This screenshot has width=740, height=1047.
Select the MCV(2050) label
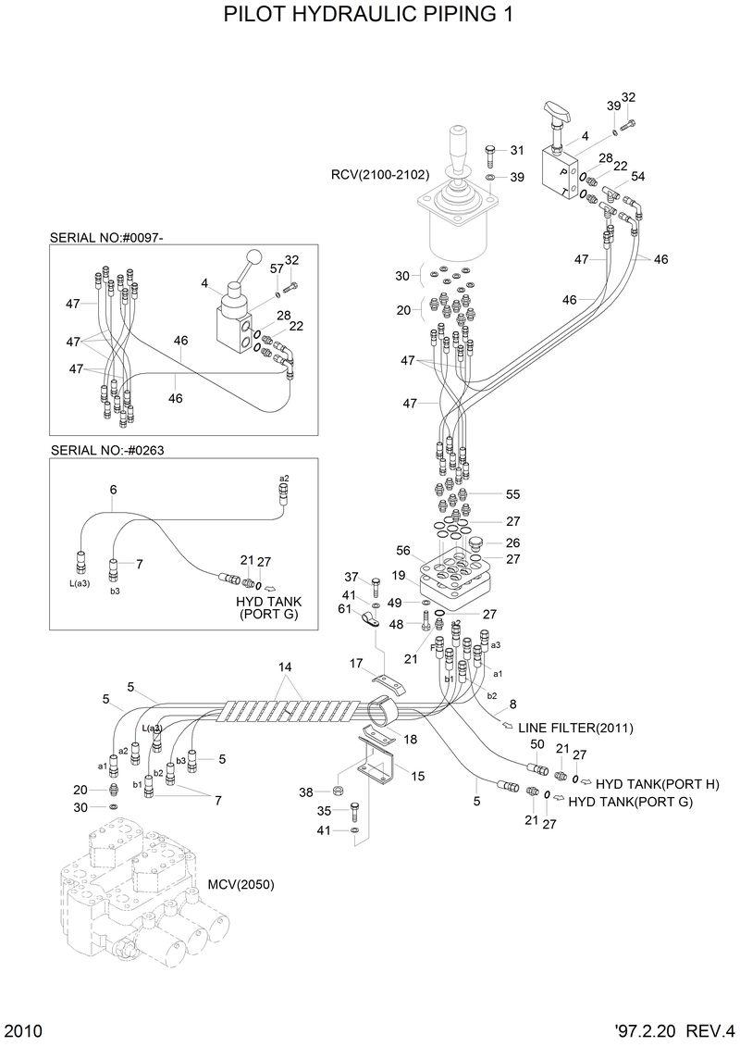point(240,884)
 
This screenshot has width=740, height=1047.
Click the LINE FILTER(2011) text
point(575,728)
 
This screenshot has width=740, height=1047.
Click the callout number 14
point(285,667)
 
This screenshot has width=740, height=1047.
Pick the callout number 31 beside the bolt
point(517,151)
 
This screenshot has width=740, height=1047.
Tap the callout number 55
point(513,494)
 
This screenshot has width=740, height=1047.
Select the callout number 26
point(513,542)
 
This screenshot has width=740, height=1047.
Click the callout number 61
point(344,608)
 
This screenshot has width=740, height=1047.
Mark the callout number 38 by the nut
point(306,791)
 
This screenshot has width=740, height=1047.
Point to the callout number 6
point(113,489)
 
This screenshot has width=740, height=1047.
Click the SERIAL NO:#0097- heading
point(106,238)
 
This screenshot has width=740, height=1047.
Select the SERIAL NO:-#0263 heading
point(107,451)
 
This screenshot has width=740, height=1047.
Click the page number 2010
point(22,1030)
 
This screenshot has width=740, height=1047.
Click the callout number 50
point(536,744)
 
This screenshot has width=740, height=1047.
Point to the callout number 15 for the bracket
point(418,776)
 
